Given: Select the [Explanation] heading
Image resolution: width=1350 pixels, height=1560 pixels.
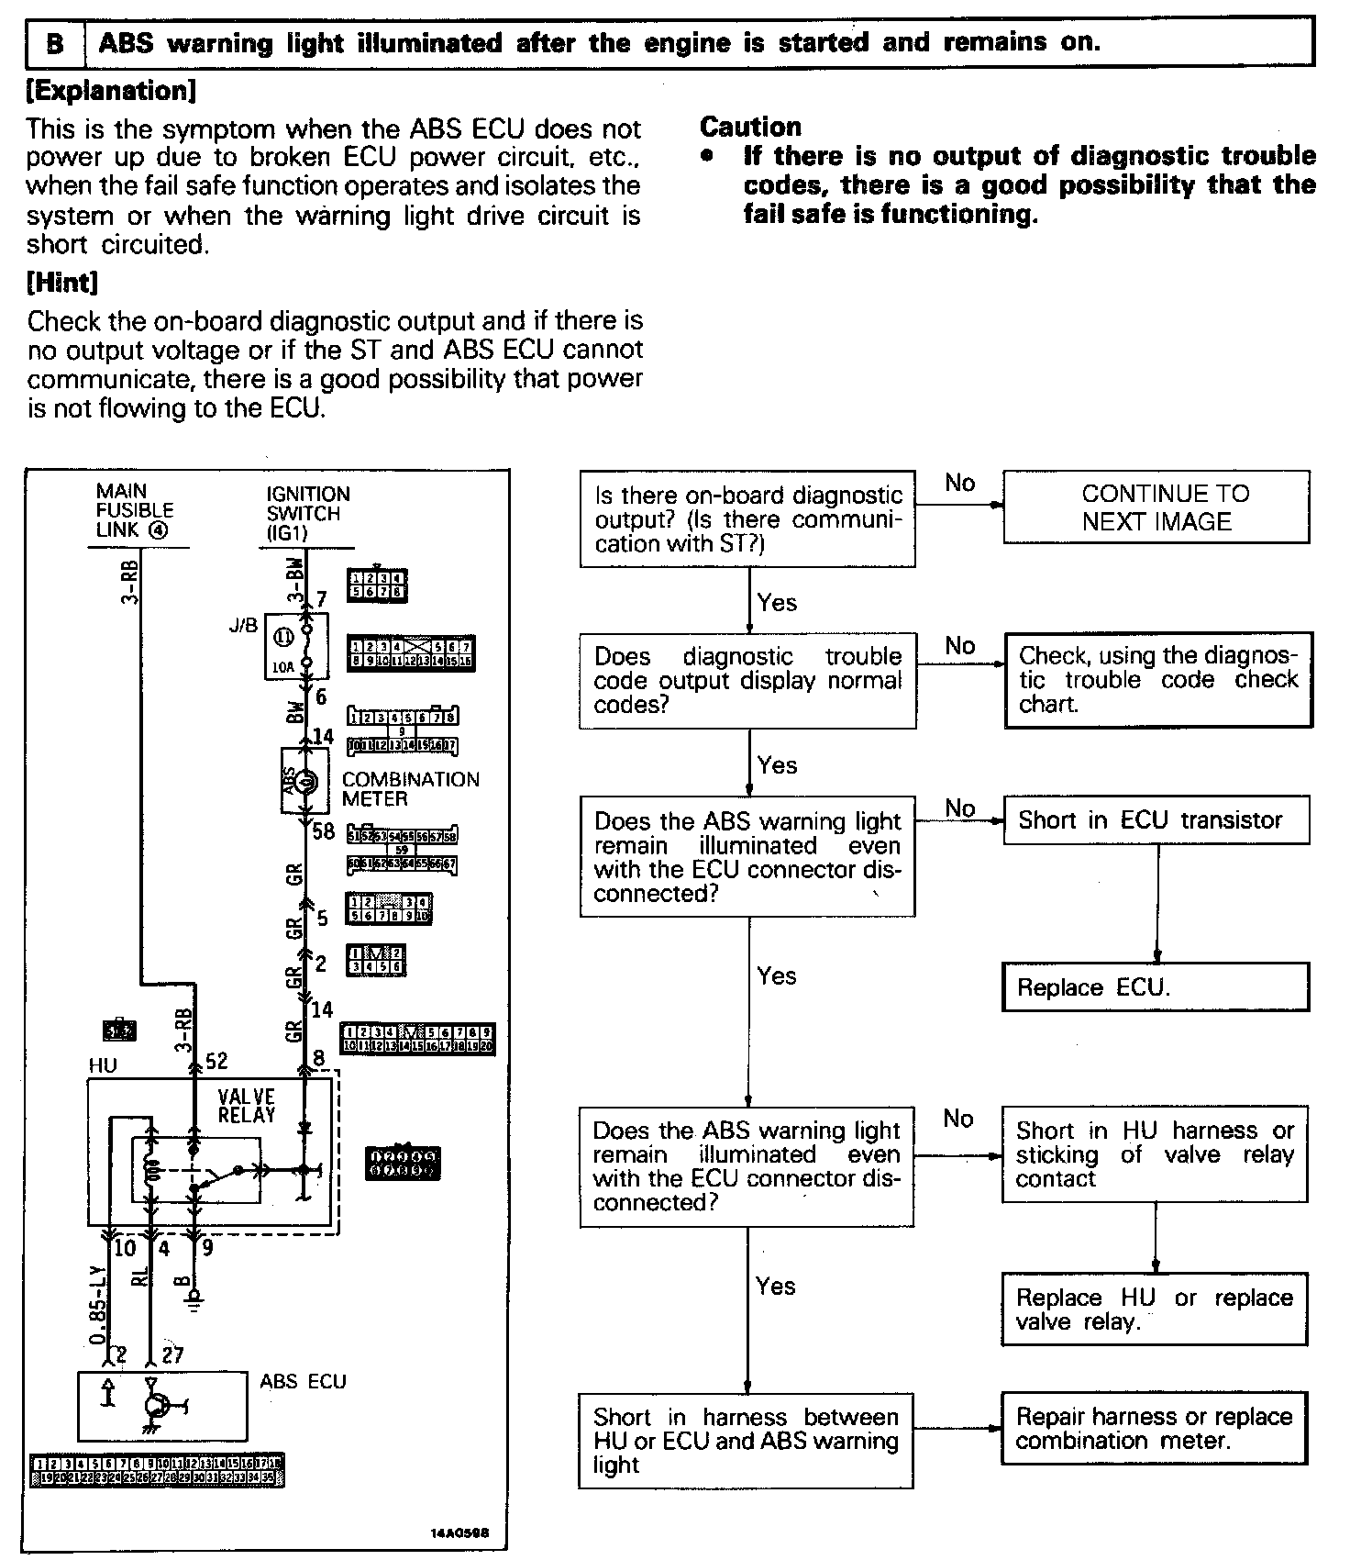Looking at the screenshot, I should pos(112,91).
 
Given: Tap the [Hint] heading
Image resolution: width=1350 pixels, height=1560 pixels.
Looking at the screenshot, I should pos(62,283).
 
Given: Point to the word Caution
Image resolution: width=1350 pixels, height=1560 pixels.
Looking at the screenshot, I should pos(750,127).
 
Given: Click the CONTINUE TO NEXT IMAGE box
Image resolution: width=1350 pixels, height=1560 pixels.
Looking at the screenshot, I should pos(1156,507).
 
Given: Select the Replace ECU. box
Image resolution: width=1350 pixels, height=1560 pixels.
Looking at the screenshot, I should pos(1156,987).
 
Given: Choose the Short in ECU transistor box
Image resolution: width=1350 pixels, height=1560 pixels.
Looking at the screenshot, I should pos(1156,819).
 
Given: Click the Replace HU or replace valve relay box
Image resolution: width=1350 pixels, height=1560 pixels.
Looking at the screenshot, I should pos(1154,1309).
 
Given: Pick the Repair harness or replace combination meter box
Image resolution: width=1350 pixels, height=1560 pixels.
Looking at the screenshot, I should pos(1154,1428).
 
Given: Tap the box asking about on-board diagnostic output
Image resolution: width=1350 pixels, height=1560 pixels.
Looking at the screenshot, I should pos(747,519).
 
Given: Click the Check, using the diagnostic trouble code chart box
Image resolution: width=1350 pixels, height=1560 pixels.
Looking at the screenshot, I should pos(1158,680).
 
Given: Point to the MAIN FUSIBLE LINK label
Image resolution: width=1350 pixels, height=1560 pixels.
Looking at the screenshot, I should pos(135,511).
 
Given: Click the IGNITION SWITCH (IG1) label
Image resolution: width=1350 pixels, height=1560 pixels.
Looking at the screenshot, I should pos(308,513).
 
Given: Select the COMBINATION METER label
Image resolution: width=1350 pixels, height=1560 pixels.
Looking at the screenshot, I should pos(410,788).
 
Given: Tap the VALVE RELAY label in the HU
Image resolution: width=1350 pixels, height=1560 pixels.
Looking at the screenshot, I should pos(246,1106).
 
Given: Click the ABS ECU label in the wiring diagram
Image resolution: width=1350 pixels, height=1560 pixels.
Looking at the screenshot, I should pos(303,1381).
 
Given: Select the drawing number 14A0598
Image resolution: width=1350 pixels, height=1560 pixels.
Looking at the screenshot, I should pos(459,1532).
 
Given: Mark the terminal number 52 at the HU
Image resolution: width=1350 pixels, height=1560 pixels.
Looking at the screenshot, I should pos(216,1061).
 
